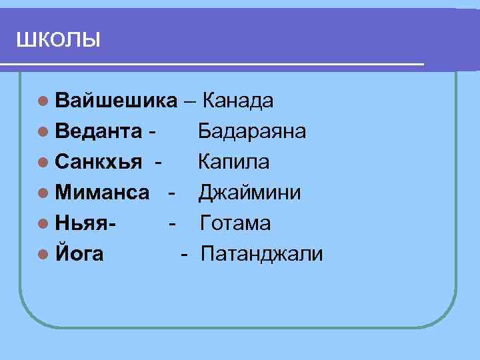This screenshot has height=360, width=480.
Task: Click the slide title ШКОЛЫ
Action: coord(58,40)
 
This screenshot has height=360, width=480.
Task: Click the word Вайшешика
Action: coord(116,101)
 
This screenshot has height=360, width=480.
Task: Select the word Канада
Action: coord(237,101)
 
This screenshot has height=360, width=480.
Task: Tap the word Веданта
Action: coord(99,131)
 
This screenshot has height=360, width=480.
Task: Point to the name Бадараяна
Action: coord(252,131)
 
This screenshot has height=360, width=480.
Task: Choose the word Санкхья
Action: coord(99,162)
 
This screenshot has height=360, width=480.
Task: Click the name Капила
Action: coord(233,162)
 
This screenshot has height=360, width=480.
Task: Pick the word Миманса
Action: coord(103,193)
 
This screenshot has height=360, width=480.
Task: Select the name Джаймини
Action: coord(249,193)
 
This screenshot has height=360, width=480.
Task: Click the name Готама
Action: coord(235,223)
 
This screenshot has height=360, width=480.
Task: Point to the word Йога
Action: coord(80,254)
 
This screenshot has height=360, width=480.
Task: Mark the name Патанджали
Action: coord(261,254)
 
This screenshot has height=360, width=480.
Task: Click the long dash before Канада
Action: coord(190,101)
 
